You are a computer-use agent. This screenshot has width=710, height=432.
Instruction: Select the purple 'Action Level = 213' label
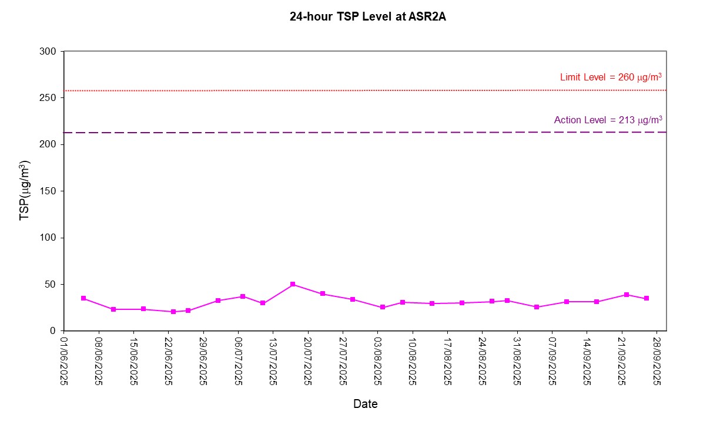point(608,120)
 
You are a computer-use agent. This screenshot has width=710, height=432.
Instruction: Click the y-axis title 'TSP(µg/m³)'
point(25,190)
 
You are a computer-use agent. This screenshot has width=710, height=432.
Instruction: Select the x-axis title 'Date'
point(365,404)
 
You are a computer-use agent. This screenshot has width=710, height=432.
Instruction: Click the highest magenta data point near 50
point(293,285)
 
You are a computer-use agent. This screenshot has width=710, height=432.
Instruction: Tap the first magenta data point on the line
point(83,298)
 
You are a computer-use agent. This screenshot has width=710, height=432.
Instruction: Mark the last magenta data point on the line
point(647,298)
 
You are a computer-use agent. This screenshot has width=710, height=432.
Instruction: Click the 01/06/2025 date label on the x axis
point(64,360)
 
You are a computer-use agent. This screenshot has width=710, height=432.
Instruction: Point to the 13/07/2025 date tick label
point(273,360)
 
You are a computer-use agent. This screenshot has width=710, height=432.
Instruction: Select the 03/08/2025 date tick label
point(378,360)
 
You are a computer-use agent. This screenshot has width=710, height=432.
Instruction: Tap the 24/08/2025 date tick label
point(483,360)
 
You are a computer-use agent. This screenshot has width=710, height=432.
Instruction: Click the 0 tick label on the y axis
point(53,331)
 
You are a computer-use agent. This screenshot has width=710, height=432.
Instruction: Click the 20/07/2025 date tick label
point(308,360)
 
